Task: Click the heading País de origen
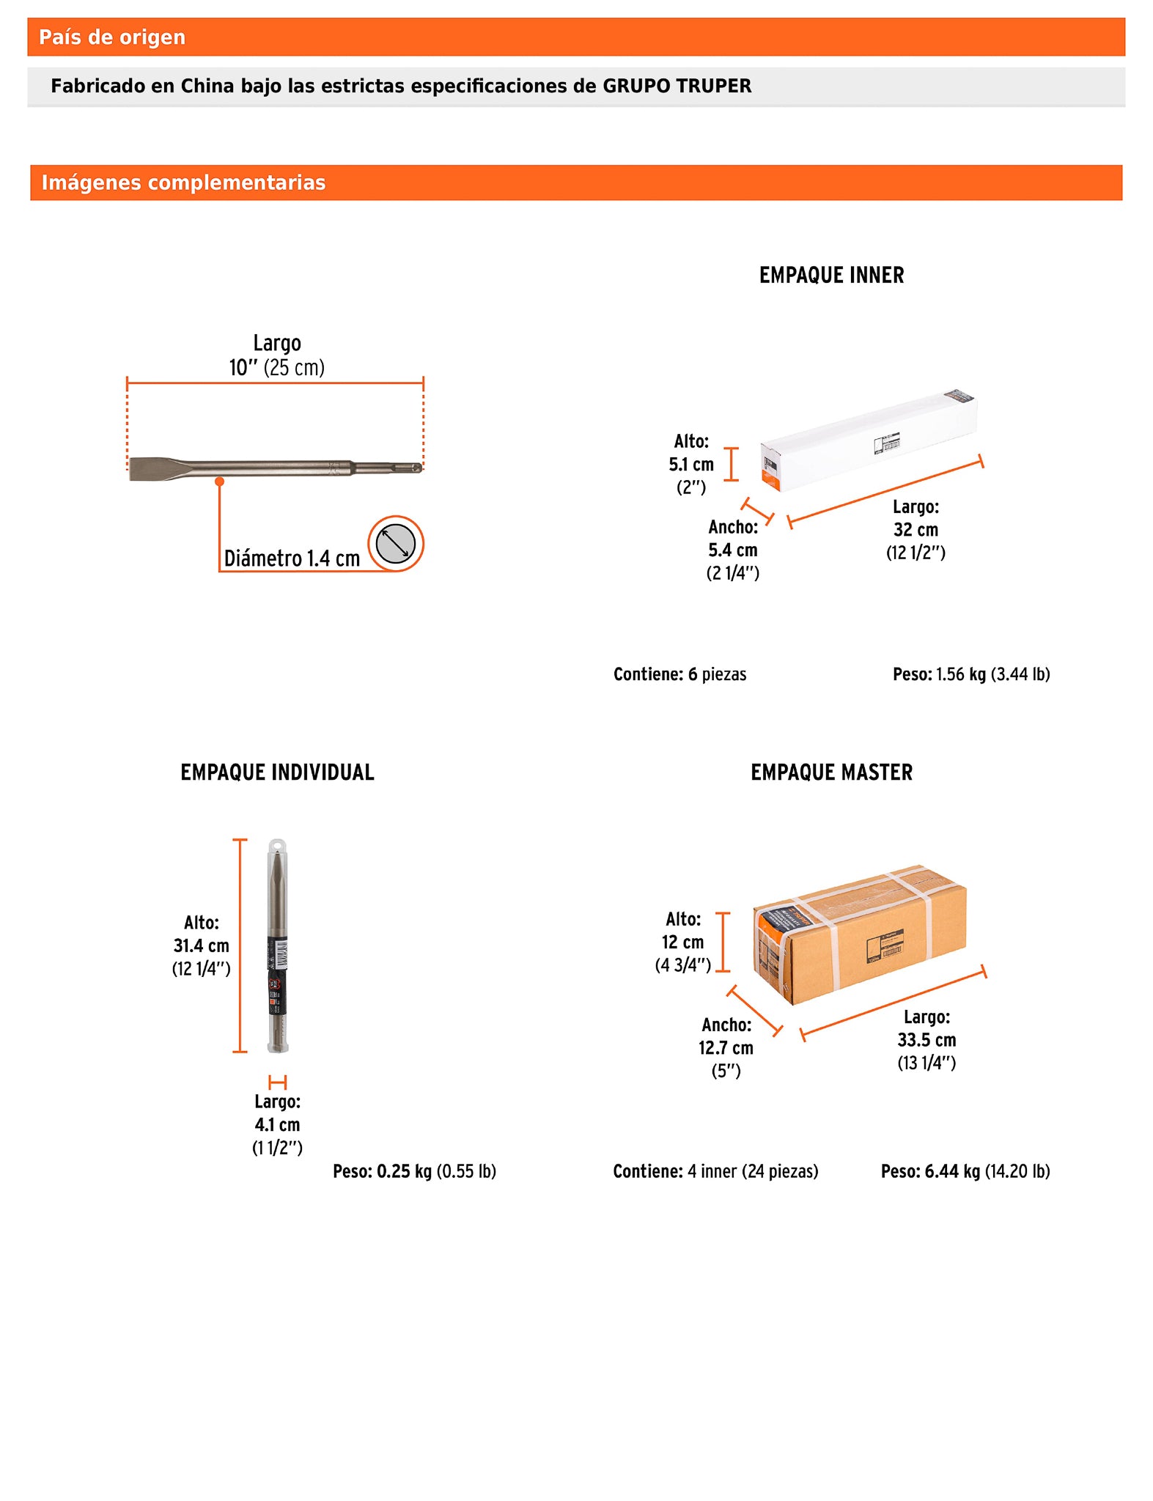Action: pyautogui.click(x=111, y=37)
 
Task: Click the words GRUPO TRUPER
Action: pyautogui.click(x=677, y=86)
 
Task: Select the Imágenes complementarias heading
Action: pyautogui.click(x=183, y=182)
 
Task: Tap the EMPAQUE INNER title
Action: pyautogui.click(x=831, y=276)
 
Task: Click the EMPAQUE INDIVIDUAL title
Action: pyautogui.click(x=277, y=772)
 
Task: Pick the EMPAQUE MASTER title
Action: pyautogui.click(x=831, y=772)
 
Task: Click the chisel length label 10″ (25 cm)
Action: pyautogui.click(x=276, y=368)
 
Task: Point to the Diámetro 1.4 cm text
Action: pyautogui.click(x=292, y=558)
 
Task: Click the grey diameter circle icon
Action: pyautogui.click(x=396, y=544)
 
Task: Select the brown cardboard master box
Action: pyautogui.click(x=859, y=934)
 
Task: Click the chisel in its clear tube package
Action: pyautogui.click(x=278, y=945)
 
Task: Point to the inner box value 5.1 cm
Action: pyautogui.click(x=690, y=465)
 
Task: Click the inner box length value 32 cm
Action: pyautogui.click(x=916, y=530)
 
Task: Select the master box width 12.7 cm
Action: pyautogui.click(x=726, y=1048)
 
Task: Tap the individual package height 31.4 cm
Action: pyautogui.click(x=201, y=946)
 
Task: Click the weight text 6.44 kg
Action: pyautogui.click(x=951, y=1171)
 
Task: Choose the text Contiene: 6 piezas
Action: pyautogui.click(x=679, y=674)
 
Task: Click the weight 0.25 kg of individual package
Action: pyautogui.click(x=403, y=1171)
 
